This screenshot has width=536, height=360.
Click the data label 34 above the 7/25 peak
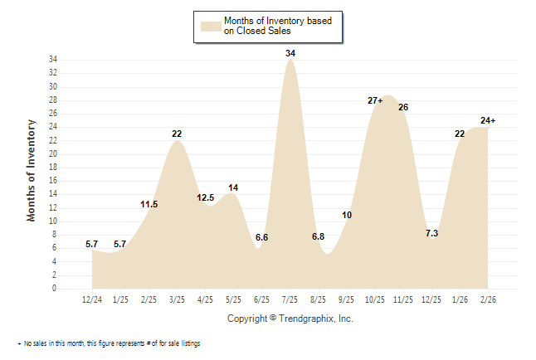tap(290, 53)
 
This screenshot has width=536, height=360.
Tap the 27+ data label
tap(375, 100)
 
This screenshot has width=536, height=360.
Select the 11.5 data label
tap(149, 204)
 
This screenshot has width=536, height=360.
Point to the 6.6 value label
tap(261, 237)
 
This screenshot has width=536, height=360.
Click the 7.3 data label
tap(431, 234)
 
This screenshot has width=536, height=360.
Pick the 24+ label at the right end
tap(488, 121)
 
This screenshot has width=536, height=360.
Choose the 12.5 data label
tap(206, 197)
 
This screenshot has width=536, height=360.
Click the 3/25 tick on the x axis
tap(177, 299)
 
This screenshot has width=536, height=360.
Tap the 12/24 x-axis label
tap(92, 299)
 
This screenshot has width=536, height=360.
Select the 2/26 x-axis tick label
tap(488, 299)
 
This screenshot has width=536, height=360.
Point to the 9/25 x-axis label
tap(347, 299)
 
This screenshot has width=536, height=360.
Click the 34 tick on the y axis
tap(53, 60)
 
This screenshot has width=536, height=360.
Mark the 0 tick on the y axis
tap(55, 289)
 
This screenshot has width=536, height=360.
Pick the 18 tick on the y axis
tap(53, 168)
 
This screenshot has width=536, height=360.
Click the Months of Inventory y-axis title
tap(32, 170)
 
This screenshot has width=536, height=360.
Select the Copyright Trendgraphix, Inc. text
tap(290, 318)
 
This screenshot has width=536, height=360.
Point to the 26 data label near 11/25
tap(403, 107)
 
